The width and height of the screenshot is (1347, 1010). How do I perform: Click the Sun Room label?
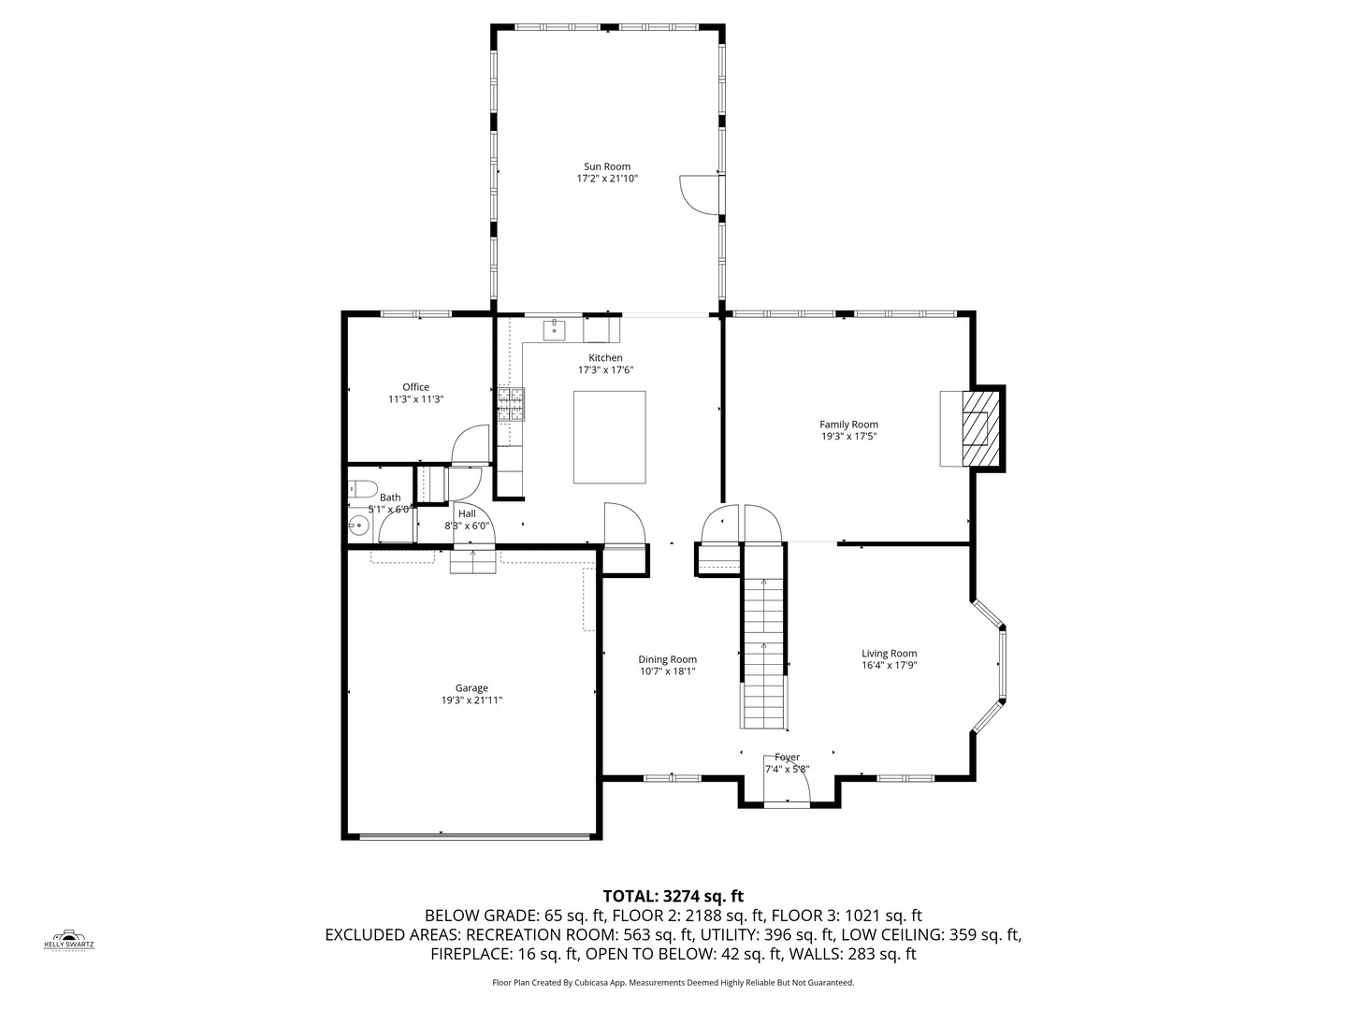coord(607,166)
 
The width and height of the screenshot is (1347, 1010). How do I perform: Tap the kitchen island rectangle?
coord(609,437)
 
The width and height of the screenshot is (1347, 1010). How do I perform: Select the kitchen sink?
coord(555,330)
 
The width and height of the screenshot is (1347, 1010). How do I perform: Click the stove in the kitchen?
coord(511,403)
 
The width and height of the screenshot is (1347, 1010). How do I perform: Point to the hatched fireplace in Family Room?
coord(978,428)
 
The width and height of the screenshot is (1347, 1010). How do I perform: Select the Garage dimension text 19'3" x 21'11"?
coord(471,700)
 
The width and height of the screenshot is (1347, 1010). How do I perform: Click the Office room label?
coord(415,387)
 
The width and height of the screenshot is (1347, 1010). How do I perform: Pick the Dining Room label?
coord(667,659)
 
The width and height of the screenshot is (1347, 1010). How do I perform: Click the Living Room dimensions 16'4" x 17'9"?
coord(889,666)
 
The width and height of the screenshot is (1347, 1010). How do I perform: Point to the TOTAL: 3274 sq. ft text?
coord(673,896)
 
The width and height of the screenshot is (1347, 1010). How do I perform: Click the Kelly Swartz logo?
coord(69,939)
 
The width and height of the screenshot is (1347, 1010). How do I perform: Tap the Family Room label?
coord(848,425)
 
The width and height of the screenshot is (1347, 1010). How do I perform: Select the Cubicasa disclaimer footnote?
coord(673,983)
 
